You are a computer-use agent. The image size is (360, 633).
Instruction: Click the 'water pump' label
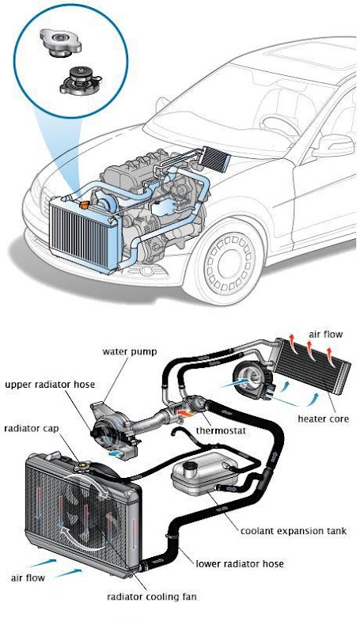pos(129,351)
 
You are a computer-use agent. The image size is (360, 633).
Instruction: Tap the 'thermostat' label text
pos(221,430)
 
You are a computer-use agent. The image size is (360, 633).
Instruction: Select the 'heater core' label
pos(323,419)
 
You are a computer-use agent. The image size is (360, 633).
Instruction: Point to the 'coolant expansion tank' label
pos(294,531)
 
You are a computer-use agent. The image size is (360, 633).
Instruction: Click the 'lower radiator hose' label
pos(240,563)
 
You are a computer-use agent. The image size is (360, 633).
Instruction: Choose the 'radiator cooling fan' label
pos(151,597)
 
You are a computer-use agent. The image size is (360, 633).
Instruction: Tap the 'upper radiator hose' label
pos(50,384)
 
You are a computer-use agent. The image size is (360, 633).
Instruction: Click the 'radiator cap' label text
pos(31,428)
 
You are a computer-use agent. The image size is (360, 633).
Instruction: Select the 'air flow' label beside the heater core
pos(326,334)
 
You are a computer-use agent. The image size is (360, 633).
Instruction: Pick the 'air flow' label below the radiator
pos(28,578)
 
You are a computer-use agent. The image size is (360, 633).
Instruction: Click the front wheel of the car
pos(229,263)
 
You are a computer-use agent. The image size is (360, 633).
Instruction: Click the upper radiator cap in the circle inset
pos(61,41)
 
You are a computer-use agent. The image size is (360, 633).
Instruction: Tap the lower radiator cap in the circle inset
pos(78,80)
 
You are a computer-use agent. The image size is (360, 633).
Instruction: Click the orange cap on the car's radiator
pos(85,205)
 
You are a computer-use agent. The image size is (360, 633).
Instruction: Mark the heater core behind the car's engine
pos(215,159)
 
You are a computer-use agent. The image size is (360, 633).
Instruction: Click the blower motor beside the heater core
pos(252,381)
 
